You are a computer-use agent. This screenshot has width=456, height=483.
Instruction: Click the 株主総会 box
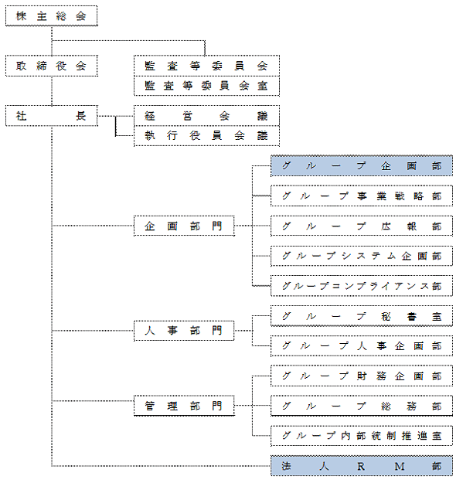click(x=52, y=15)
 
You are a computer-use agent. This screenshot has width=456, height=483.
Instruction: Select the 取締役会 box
click(x=52, y=66)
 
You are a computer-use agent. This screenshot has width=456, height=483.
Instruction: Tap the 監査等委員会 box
click(x=206, y=66)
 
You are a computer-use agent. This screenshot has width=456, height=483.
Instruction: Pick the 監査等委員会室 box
click(x=206, y=86)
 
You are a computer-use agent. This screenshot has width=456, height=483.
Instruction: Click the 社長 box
click(x=52, y=116)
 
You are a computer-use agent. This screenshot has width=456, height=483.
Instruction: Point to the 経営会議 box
click(x=206, y=115)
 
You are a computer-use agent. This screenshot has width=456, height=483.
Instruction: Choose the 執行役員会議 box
click(x=206, y=136)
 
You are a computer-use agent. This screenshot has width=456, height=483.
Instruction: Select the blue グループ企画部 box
click(x=362, y=165)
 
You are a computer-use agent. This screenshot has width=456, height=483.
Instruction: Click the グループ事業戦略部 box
click(x=362, y=196)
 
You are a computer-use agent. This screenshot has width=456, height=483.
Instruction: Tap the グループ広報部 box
click(x=362, y=226)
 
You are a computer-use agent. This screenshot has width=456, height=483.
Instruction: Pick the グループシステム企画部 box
click(x=362, y=256)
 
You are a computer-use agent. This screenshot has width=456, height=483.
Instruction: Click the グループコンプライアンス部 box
click(x=362, y=286)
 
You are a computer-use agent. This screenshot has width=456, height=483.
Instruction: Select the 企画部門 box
click(x=184, y=226)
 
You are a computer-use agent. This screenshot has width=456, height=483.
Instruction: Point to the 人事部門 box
click(x=184, y=331)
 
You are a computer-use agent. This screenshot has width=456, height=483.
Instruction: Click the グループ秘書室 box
click(x=362, y=316)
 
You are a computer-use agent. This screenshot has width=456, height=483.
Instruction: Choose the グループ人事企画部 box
click(x=362, y=345)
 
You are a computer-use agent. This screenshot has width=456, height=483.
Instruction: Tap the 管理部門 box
click(x=184, y=406)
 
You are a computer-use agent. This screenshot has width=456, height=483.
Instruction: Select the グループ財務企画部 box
click(x=362, y=376)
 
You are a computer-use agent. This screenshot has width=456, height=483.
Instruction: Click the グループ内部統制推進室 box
click(x=362, y=436)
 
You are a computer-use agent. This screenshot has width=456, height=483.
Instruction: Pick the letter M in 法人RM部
click(x=400, y=466)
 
